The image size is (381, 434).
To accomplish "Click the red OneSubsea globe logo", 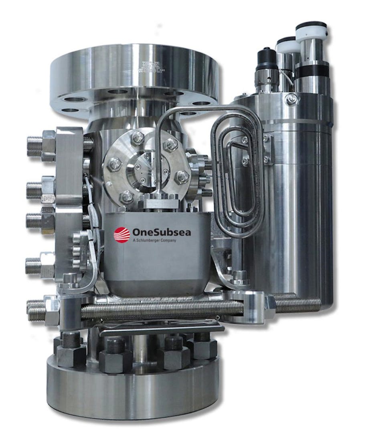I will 122,234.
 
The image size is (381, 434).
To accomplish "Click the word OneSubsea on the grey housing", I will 156,232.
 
